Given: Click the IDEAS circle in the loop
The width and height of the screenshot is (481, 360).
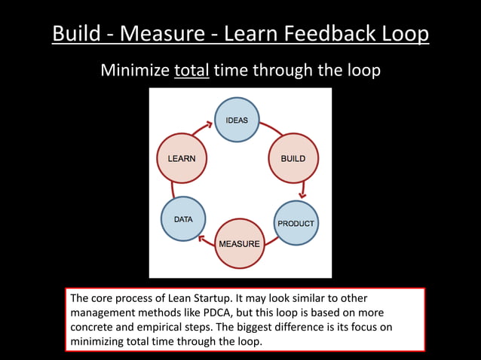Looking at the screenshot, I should point(237,121).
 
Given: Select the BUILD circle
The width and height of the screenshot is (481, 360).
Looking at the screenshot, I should point(293,158).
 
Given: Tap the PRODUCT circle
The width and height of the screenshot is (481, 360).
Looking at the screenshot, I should point(296,223).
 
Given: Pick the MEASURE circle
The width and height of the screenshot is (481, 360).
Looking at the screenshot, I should point(239,243).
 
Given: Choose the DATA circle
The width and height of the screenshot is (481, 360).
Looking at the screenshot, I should point(183,220).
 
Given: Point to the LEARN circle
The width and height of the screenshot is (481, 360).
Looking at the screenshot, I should point(181,158).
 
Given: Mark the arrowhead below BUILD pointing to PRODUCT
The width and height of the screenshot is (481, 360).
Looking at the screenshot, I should point(302,194).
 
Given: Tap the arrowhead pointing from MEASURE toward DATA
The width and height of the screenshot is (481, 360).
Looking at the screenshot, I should point(202,239).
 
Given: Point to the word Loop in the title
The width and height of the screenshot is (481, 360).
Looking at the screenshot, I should point(405,34).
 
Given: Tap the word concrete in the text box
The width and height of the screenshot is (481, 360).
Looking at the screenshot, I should point(93,327).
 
